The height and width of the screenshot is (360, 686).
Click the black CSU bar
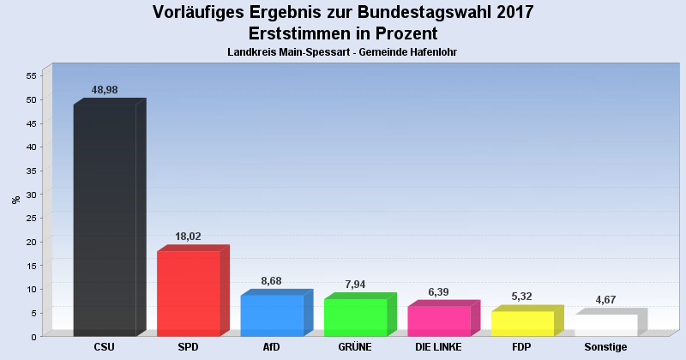[105, 220]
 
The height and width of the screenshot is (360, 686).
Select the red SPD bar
[189, 293]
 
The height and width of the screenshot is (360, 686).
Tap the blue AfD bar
[272, 315]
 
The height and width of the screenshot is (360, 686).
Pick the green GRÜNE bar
[355, 317]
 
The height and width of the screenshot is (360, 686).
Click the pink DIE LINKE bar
[439, 321]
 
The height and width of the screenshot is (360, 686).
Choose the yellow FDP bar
[522, 323]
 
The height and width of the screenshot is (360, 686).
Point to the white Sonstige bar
[606, 325]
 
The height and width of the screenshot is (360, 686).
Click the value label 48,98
[105, 90]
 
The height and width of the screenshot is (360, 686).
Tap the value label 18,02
[188, 236]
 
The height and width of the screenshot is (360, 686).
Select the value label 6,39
[439, 291]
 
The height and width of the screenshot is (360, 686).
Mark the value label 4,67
[606, 299]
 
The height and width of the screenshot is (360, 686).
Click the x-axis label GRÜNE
[355, 347]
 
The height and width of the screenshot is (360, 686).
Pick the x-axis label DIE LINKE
[438, 347]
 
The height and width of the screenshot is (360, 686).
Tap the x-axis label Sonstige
[606, 347]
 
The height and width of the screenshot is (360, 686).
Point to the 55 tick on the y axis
[30, 75]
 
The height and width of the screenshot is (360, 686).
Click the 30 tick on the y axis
[30, 195]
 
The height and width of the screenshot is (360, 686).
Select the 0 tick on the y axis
[33, 337]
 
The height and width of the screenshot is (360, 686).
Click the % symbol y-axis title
[15, 200]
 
